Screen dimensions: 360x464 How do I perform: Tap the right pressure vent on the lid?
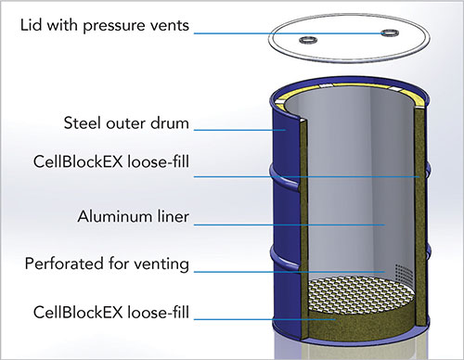click(x=388, y=32)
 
